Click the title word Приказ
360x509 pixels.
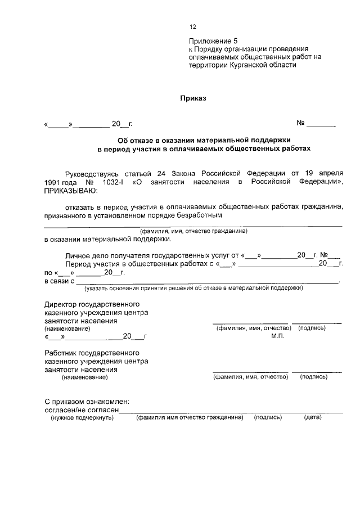point(193,98)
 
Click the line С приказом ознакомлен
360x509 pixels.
point(87,402)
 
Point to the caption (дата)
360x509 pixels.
point(312,418)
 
